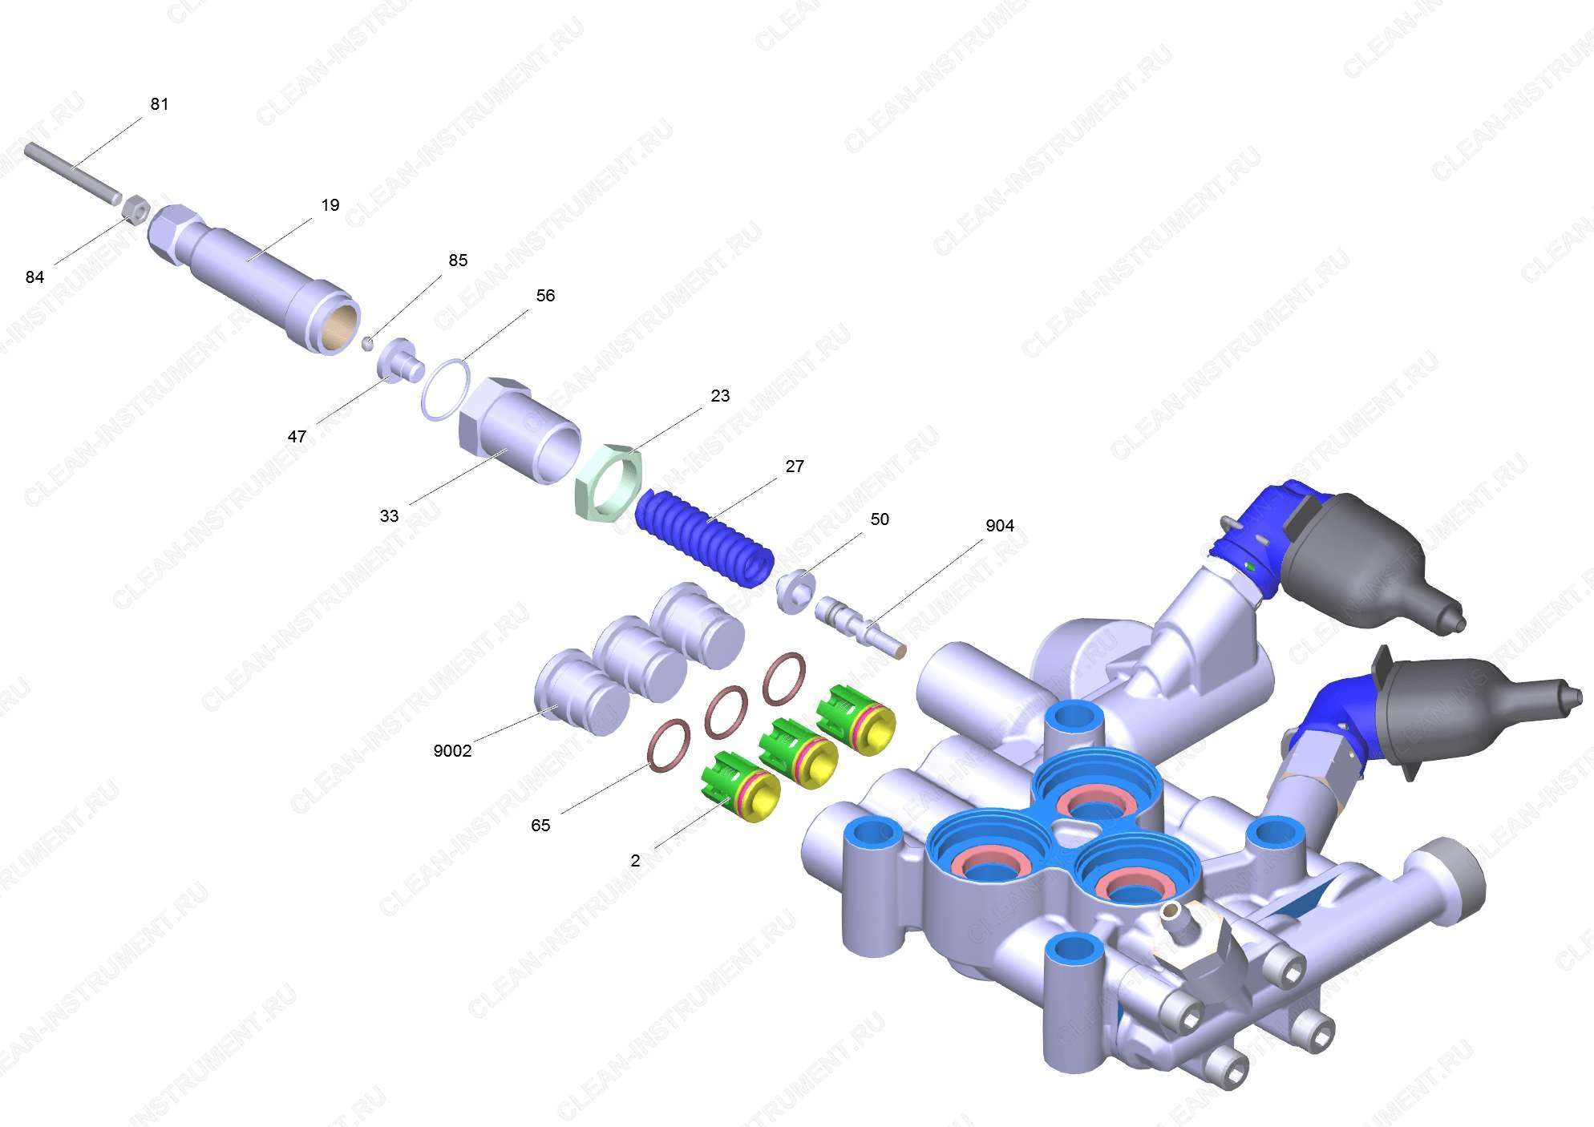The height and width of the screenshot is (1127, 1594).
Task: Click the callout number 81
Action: [x=160, y=104]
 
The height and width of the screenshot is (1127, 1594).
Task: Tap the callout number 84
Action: [x=34, y=277]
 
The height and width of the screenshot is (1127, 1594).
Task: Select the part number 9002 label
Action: [x=452, y=751]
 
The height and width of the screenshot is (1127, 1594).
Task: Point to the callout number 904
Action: [x=1000, y=526]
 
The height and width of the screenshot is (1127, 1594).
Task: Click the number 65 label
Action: [x=540, y=826]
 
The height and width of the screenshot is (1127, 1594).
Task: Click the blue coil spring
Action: [x=705, y=540]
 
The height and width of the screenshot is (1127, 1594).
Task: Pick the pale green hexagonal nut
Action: [x=610, y=479]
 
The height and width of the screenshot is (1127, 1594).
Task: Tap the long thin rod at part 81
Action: [x=72, y=172]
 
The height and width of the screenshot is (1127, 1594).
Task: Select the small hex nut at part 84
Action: [x=136, y=210]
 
